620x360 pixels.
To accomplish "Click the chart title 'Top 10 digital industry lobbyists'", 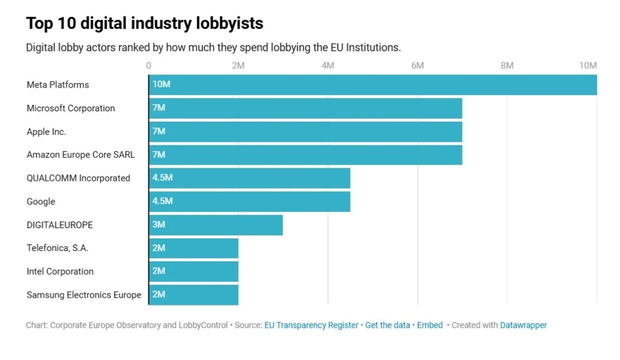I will click(145, 24).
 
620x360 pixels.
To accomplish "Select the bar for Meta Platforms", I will click(372, 85).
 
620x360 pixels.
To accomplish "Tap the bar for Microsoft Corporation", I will click(305, 108).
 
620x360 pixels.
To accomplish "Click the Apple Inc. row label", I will click(47, 131).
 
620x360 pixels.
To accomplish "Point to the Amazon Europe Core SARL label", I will click(81, 155).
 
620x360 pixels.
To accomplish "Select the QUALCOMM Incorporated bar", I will click(249, 178).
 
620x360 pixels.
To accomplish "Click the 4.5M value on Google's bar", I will click(162, 201).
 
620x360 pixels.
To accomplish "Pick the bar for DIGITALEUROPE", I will click(216, 224).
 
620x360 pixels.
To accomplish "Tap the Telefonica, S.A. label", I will click(58, 248).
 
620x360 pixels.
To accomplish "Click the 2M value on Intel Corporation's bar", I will click(159, 271).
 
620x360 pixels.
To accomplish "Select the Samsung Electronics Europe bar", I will click(194, 295).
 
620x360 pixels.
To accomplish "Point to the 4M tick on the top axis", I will click(328, 65).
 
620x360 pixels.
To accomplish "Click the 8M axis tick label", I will click(507, 65).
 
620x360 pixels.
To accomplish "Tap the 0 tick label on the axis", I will click(149, 65).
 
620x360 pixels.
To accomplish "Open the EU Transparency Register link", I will click(311, 326).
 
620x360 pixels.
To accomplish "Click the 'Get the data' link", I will click(387, 326).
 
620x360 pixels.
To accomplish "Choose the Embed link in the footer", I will click(430, 326).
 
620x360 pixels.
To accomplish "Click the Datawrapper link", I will click(523, 326).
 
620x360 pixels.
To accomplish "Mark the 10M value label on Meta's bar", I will click(161, 85).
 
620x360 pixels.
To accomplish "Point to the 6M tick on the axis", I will click(417, 65).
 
